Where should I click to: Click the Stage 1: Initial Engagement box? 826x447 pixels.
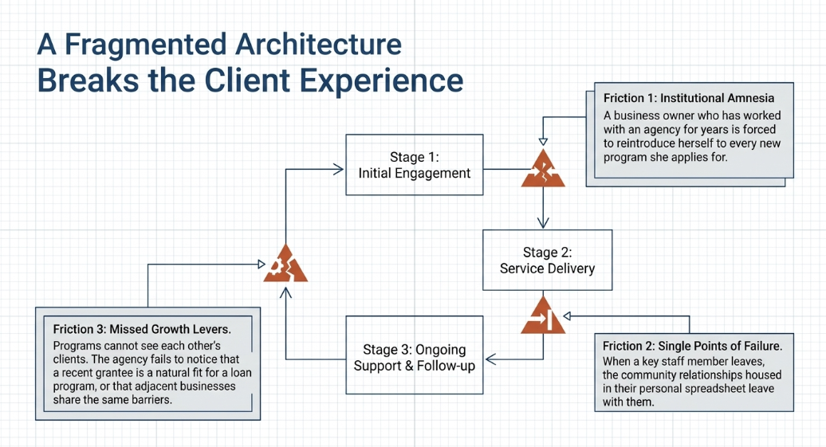tap(414, 165)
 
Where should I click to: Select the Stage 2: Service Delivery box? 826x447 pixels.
tap(547, 260)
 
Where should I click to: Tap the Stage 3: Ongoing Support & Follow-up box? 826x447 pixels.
tap(414, 355)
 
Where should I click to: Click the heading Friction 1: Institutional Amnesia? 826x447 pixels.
tap(689, 98)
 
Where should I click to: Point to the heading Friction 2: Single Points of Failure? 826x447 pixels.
tap(692, 346)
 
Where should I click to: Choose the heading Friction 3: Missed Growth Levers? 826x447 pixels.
tap(142, 330)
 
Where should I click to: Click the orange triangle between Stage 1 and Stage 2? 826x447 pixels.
tap(543, 168)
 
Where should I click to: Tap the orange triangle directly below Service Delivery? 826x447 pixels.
tap(543, 316)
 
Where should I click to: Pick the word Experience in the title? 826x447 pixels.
tap(381, 81)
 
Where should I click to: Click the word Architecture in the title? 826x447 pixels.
tap(318, 44)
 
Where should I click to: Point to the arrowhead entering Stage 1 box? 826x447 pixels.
tap(338, 169)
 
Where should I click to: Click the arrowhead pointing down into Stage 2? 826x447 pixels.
tap(543, 222)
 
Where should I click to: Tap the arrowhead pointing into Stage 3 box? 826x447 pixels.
tap(490, 359)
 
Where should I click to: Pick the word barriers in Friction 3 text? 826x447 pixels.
tap(151, 400)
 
